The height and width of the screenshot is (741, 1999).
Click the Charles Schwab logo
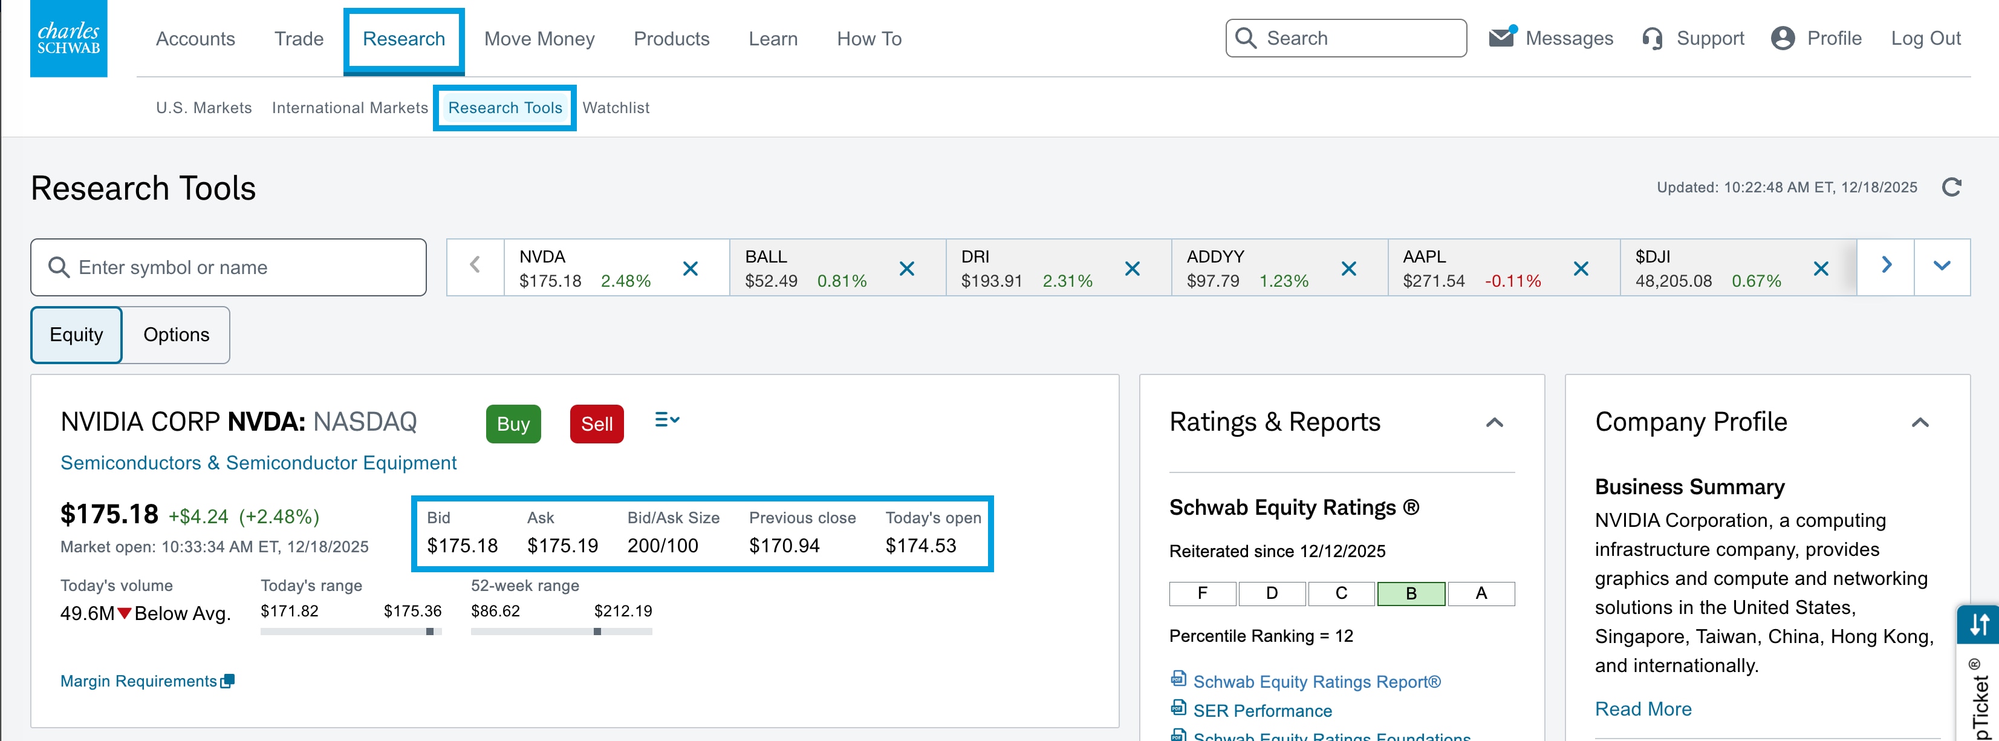(x=68, y=38)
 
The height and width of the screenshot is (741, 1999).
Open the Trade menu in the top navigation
(x=298, y=39)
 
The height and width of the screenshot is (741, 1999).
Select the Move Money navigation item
(x=539, y=39)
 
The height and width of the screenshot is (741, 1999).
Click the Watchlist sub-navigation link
(x=616, y=108)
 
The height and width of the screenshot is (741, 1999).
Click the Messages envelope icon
(x=1501, y=38)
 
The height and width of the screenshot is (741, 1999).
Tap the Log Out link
(x=1925, y=39)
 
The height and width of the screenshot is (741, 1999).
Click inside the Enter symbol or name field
(x=241, y=268)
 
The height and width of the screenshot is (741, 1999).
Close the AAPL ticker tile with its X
(x=1580, y=269)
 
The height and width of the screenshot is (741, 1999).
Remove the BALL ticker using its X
(x=906, y=269)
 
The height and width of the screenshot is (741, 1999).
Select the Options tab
(x=176, y=335)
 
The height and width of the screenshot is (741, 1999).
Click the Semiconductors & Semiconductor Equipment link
(x=258, y=463)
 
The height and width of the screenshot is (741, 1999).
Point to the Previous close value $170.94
(x=784, y=546)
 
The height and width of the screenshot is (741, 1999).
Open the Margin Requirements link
(x=140, y=681)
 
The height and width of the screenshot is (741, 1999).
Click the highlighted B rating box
(x=1410, y=593)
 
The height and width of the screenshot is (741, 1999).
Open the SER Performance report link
(x=1262, y=710)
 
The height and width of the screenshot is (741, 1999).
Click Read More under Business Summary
(x=1642, y=708)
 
